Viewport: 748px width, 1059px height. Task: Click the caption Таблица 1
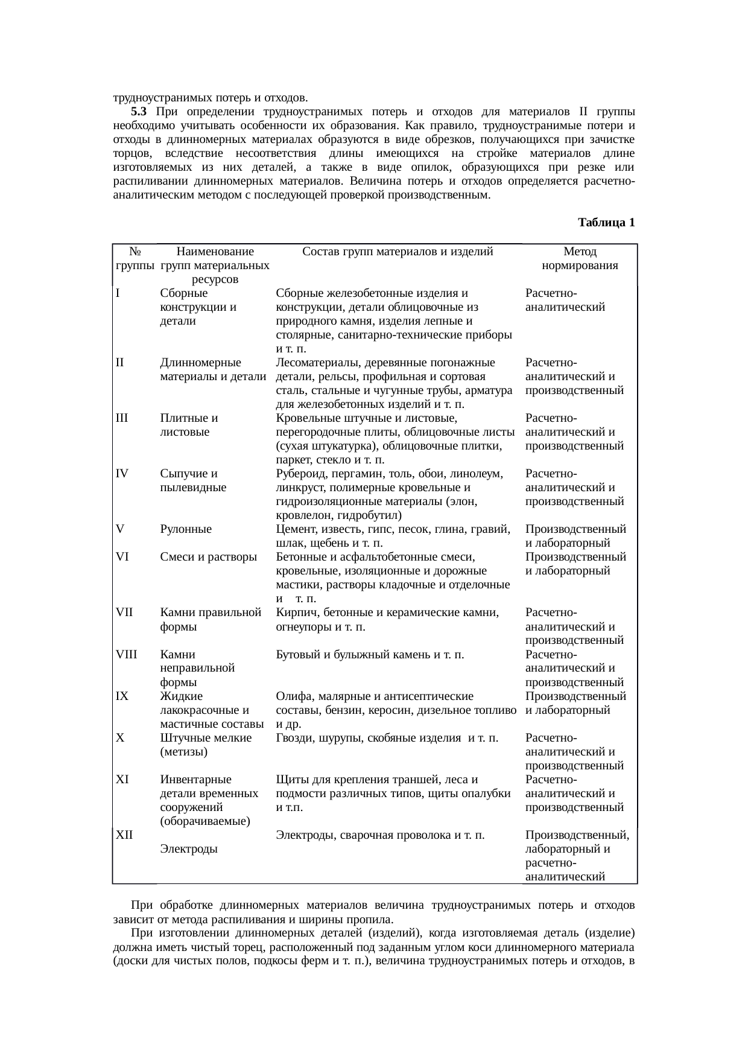tap(606, 223)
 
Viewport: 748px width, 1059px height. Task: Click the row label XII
tap(124, 835)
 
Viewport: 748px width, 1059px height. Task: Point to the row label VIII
tap(126, 655)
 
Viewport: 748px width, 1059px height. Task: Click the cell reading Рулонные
tap(186, 529)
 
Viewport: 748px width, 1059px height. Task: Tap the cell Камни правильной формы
tap(211, 620)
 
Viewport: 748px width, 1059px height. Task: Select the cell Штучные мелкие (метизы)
tap(206, 745)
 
